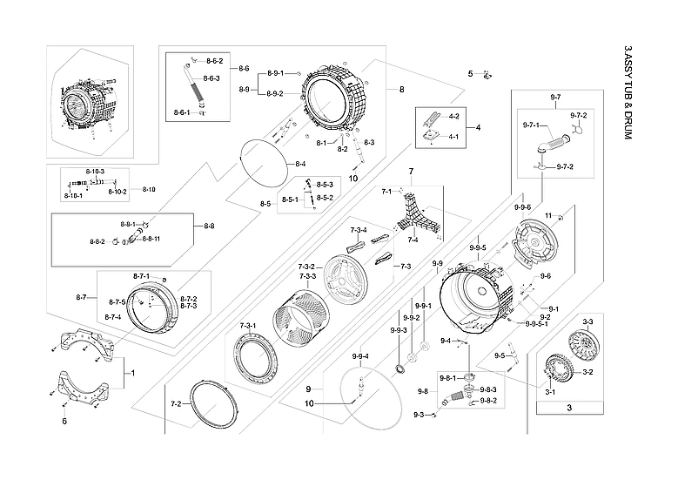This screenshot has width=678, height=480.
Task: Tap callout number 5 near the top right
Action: (x=470, y=74)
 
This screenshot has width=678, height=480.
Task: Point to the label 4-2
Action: (x=453, y=116)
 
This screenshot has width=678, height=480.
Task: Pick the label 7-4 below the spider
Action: (x=413, y=240)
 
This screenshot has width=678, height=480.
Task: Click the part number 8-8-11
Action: (x=151, y=239)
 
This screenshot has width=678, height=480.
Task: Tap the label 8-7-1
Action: (x=141, y=276)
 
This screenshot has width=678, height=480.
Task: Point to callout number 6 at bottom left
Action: (x=64, y=422)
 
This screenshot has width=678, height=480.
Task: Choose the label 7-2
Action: (x=175, y=404)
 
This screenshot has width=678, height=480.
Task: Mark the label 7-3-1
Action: (x=248, y=326)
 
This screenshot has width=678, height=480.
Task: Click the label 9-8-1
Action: (x=448, y=377)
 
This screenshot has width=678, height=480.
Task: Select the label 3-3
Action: (x=587, y=322)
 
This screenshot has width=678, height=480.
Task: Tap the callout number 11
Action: (x=548, y=215)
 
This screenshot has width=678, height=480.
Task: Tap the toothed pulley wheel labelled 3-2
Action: (x=558, y=372)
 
